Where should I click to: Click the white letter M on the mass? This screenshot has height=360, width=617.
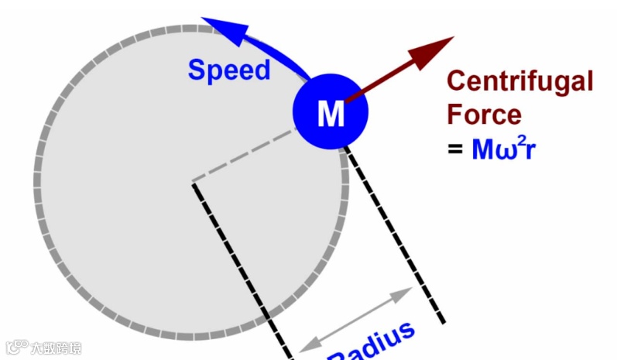click(331, 115)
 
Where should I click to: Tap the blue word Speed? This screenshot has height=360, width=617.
click(229, 70)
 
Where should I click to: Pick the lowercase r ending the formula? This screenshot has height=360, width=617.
click(531, 149)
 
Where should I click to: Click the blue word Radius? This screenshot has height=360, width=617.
click(372, 344)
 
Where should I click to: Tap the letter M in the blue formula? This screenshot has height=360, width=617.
click(483, 149)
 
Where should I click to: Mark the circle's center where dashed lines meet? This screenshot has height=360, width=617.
click(194, 183)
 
